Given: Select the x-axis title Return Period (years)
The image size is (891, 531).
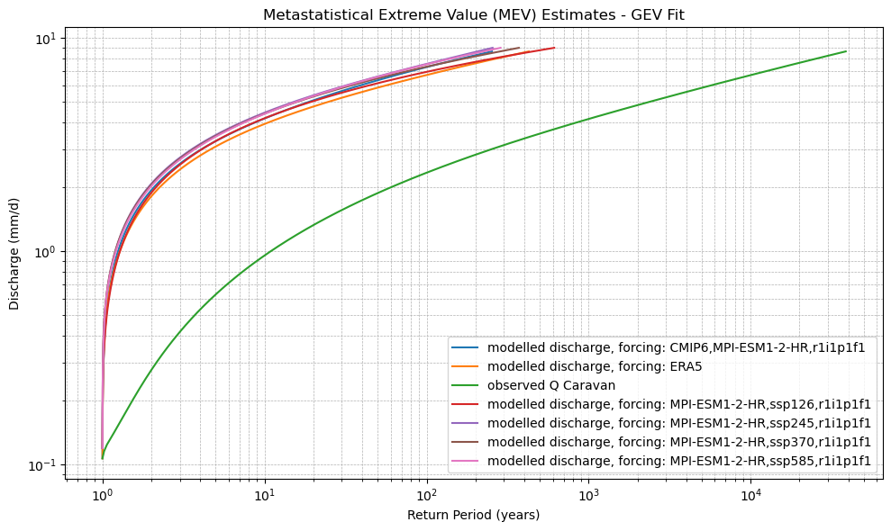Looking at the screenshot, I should click(x=473, y=515).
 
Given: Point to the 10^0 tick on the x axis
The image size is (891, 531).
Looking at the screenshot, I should click(x=102, y=495).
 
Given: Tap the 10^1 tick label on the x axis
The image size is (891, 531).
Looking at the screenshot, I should click(x=264, y=495).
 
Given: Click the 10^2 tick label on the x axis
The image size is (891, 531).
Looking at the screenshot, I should click(x=426, y=495).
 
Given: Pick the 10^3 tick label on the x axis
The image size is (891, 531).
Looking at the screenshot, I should click(x=588, y=495).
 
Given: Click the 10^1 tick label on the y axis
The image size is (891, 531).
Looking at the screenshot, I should click(x=45, y=39).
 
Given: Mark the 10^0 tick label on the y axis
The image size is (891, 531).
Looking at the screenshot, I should click(x=45, y=252).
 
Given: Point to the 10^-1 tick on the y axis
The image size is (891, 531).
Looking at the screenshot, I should click(x=42, y=465).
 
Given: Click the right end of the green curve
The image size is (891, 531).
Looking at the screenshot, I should click(x=846, y=51).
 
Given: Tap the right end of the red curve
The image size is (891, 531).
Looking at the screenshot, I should click(x=554, y=48).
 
